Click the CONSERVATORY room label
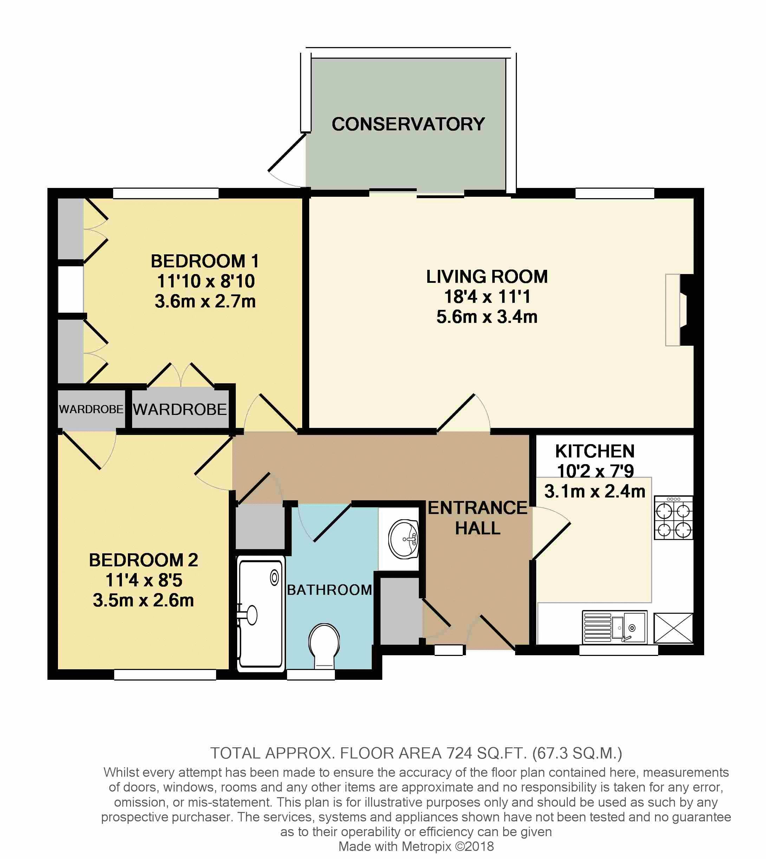point(408,124)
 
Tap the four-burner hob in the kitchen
point(673,517)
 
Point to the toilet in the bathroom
point(324,646)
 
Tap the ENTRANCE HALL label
point(478,518)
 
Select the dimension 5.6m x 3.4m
point(487,317)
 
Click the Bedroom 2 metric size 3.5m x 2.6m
point(143,600)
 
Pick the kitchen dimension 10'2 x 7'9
point(595,471)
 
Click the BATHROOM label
point(330,590)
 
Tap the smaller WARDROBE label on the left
point(91,409)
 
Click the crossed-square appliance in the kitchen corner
point(673,627)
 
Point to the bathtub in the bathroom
point(261,614)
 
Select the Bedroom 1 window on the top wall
point(166,193)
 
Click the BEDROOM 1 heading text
point(205,261)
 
